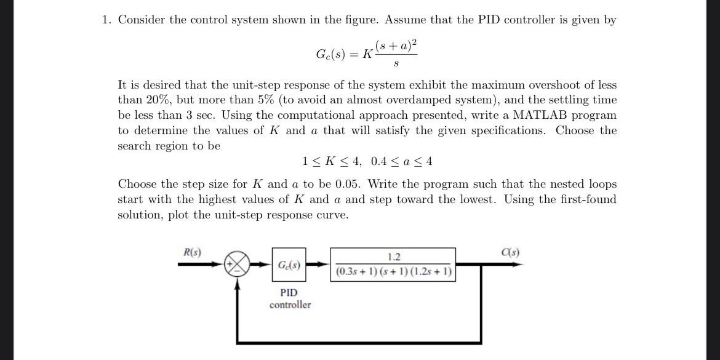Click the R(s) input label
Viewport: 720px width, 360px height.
[x=192, y=252]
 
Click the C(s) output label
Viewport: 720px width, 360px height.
[x=510, y=252]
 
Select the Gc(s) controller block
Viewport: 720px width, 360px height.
[x=289, y=265]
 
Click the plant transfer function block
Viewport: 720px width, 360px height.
[x=393, y=264]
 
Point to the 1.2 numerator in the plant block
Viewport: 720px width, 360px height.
[x=394, y=257]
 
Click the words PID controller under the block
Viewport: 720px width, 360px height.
[x=290, y=298]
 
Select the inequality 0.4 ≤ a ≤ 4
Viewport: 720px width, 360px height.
[x=402, y=162]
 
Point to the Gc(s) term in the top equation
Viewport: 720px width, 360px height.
[x=331, y=54]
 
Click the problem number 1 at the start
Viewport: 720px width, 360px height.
[x=106, y=20]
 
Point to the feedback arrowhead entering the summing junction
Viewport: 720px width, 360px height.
[x=238, y=283]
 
